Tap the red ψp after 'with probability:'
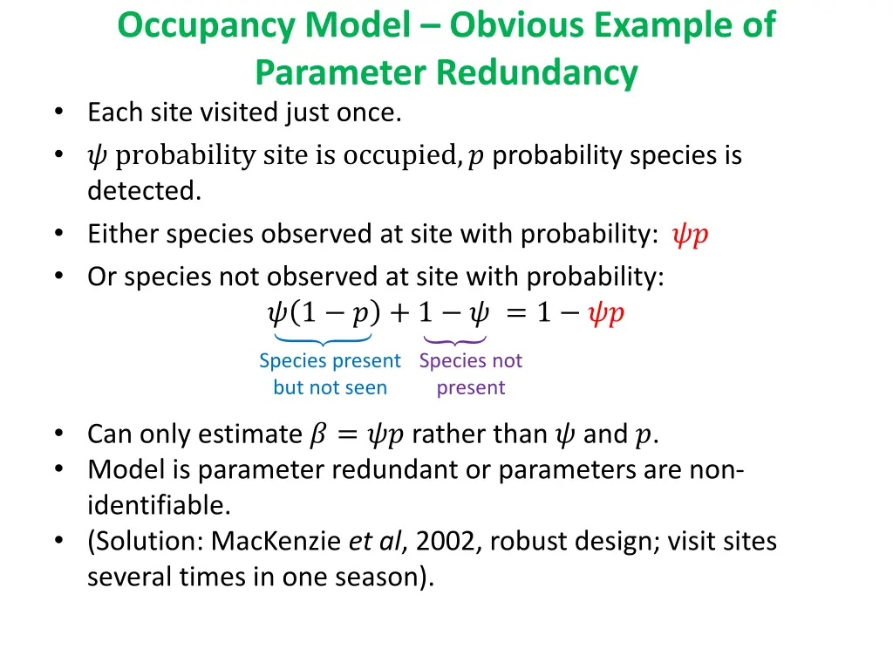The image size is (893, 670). [690, 236]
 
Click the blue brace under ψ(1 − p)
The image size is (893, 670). [322, 339]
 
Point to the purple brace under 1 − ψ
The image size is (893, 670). [453, 339]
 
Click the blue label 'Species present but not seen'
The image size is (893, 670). [330, 374]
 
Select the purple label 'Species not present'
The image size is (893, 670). [471, 374]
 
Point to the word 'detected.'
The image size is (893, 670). [144, 192]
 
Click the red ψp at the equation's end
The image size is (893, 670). [605, 313]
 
